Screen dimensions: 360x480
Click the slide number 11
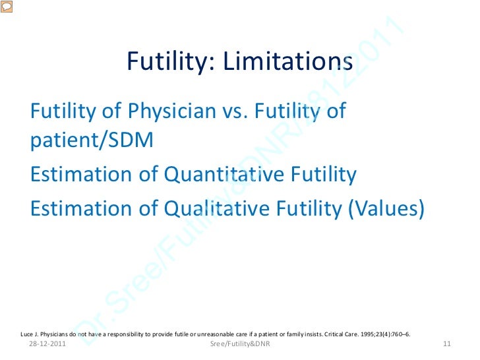click(x=446, y=344)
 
